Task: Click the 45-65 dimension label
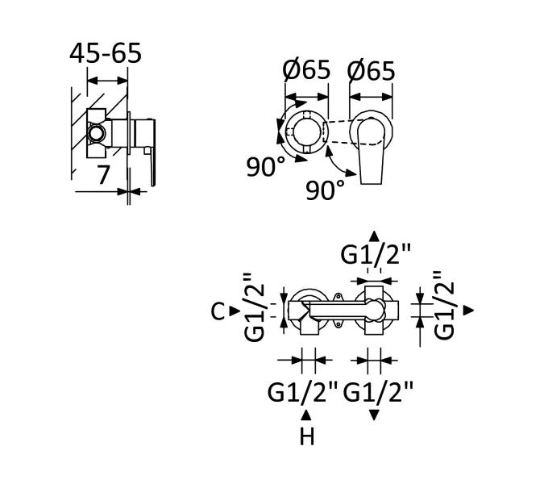[x=106, y=53]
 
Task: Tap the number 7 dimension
[x=102, y=175]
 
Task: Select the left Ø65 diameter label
[x=306, y=70]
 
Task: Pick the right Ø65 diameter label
[x=371, y=71]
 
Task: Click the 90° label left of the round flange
[x=266, y=167]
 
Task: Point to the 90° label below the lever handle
[x=326, y=190]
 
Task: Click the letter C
[x=218, y=311]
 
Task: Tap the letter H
[x=307, y=436]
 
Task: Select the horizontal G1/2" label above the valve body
[x=376, y=254]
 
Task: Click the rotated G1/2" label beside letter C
[x=255, y=307]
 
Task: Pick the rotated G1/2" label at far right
[x=444, y=305]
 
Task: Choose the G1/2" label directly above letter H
[x=302, y=392]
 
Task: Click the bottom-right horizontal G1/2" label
[x=378, y=392]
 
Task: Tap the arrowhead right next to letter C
[x=235, y=311]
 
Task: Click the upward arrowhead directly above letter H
[x=306, y=415]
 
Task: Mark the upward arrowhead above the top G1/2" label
[x=374, y=236]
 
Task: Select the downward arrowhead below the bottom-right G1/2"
[x=374, y=415]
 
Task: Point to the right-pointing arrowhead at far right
[x=469, y=310]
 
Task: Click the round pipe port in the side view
[x=96, y=133]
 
